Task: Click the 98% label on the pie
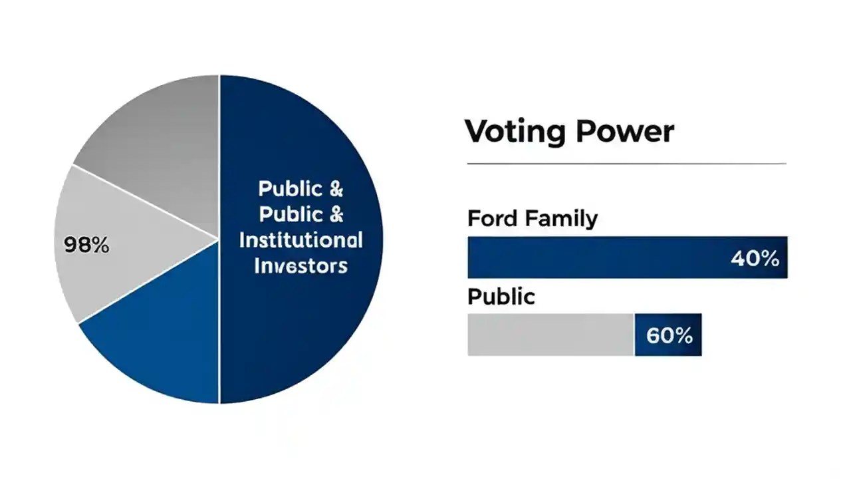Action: tap(86, 245)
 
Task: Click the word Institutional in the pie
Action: tap(301, 240)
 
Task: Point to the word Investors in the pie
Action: tap(301, 265)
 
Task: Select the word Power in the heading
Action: tap(625, 131)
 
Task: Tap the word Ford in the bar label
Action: tap(493, 218)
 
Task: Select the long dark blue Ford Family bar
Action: tap(598, 257)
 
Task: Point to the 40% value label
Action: tap(755, 258)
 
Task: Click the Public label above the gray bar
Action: tap(501, 296)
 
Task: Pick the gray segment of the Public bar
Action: tap(550, 335)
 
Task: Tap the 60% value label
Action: tap(669, 335)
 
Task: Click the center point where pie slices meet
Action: tap(219, 239)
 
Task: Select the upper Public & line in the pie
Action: tap(301, 189)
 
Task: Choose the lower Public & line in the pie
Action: tap(301, 214)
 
